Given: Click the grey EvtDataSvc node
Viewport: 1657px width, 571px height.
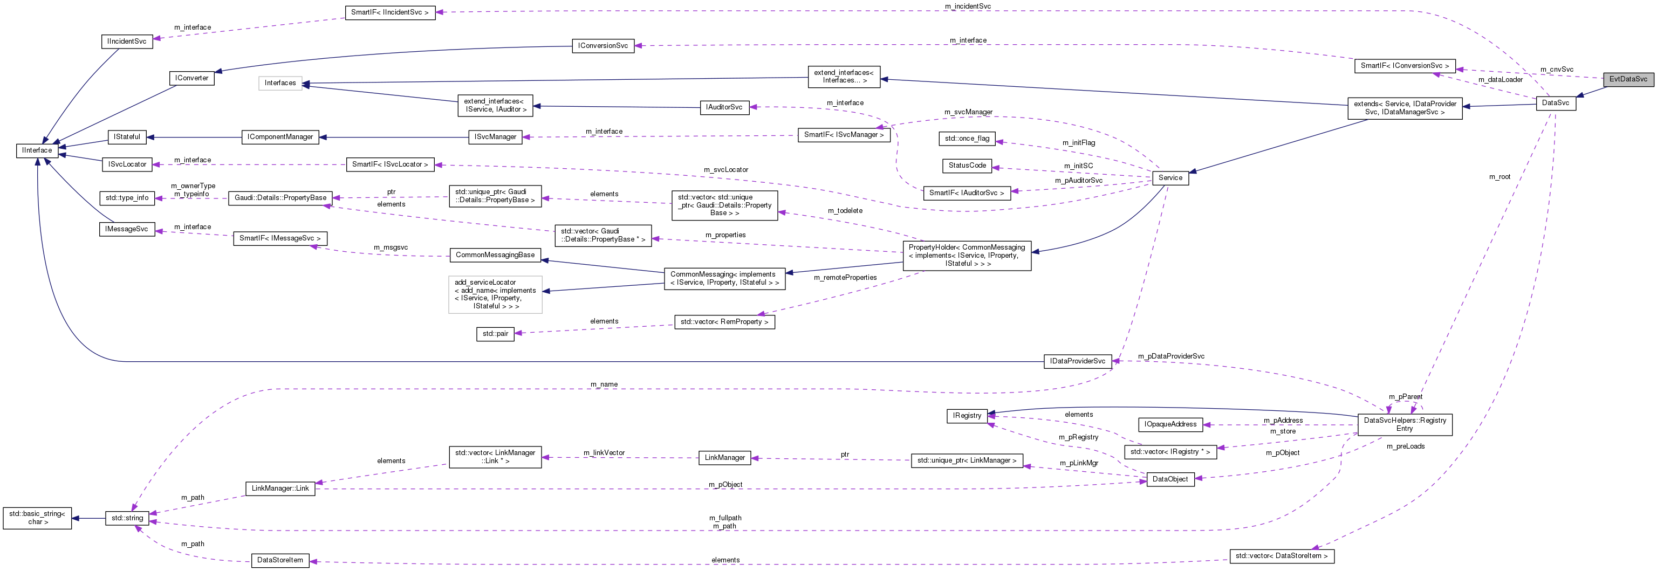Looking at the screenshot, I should (1628, 79).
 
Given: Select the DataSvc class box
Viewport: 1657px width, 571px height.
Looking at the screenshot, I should (1556, 103).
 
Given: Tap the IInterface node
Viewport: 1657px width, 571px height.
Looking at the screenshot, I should (37, 150).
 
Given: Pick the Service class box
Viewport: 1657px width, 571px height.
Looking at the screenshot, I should (1170, 178).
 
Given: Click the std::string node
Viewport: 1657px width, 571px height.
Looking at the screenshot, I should (127, 518).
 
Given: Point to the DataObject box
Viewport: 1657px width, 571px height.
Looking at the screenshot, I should (1170, 479).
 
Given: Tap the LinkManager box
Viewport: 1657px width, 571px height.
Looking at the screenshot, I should (724, 458).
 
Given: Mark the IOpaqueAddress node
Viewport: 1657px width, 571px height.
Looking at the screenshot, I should (1170, 424).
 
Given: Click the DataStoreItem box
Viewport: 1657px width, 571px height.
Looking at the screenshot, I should (280, 561).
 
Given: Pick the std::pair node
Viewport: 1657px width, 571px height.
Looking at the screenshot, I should (495, 334).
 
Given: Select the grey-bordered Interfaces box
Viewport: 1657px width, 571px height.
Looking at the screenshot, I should (280, 83).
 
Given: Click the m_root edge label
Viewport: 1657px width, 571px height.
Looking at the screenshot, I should (1499, 177).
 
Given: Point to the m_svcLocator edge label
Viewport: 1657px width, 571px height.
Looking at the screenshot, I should (725, 170).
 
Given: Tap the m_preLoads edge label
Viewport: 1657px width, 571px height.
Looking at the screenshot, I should (1406, 446).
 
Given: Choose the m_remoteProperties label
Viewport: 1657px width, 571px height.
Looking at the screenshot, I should (845, 278).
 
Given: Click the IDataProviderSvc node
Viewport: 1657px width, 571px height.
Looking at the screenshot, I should (1078, 361).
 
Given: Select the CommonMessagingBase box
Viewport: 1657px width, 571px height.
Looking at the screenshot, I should (495, 255).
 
